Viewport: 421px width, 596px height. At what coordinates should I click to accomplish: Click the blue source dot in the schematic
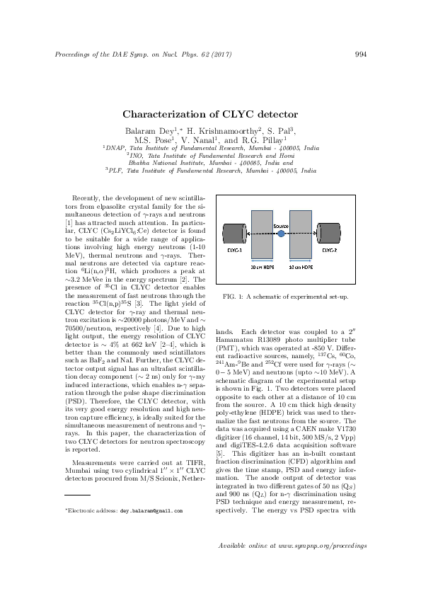(281, 232)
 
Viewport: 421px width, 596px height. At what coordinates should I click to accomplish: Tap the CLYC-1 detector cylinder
(233, 234)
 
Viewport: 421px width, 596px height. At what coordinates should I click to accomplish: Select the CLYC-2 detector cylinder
(329, 234)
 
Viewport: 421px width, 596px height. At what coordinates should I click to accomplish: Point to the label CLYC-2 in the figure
(330, 250)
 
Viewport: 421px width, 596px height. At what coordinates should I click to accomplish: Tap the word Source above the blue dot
(280, 225)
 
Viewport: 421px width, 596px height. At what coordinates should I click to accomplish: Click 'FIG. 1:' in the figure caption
(233, 296)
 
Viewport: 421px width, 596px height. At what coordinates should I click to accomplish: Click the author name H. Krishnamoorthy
(221, 130)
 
